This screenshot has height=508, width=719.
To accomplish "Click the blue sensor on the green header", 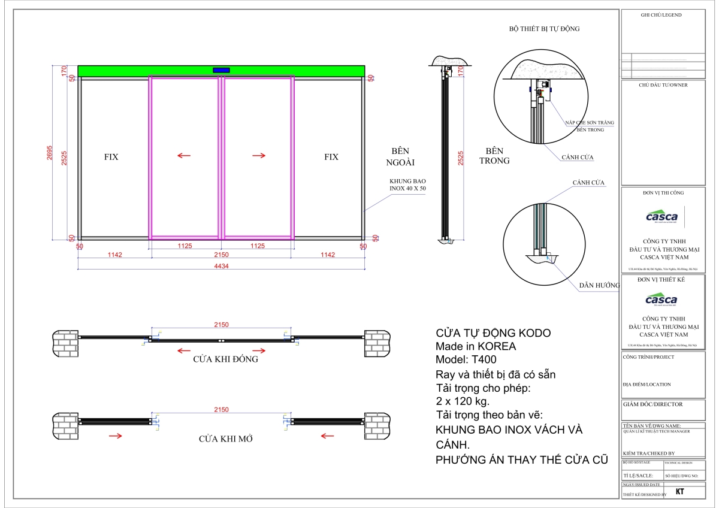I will (x=221, y=71).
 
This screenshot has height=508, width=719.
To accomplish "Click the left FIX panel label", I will (x=111, y=157).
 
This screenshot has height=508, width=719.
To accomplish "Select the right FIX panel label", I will (x=331, y=157).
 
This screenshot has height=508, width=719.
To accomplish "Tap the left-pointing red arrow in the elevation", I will (x=184, y=156).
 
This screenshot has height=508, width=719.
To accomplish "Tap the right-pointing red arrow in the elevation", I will (x=259, y=156).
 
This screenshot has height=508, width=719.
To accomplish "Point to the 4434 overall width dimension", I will (x=221, y=267).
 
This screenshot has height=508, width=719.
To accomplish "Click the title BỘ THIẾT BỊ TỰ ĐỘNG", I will (x=544, y=29).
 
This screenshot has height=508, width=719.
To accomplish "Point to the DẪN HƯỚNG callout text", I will (x=599, y=286).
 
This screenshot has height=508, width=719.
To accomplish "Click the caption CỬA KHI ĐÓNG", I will (x=226, y=359).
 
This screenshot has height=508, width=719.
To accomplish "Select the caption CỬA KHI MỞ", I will (x=225, y=439).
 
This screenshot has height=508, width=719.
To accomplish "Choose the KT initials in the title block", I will (x=680, y=492).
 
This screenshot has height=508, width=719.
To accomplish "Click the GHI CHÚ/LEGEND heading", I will (x=662, y=14).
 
